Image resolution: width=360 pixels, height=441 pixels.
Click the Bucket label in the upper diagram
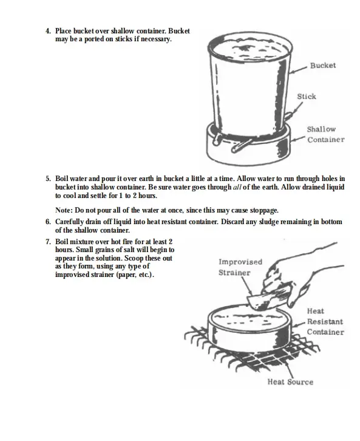point(323,66)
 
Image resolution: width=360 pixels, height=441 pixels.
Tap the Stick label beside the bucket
point(307,97)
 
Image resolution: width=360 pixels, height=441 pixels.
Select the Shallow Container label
point(325,134)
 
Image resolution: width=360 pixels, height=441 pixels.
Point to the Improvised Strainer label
point(240,267)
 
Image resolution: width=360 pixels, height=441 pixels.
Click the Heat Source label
point(290,381)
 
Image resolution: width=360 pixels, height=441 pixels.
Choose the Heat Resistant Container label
point(325,321)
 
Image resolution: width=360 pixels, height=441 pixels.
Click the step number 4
point(49,31)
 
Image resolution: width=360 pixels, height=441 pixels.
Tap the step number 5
point(49,179)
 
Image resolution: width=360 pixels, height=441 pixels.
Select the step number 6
point(49,222)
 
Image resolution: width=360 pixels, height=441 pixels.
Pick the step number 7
point(49,242)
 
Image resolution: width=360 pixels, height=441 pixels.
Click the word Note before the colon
point(64,210)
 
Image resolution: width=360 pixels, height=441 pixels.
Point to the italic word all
point(237,187)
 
